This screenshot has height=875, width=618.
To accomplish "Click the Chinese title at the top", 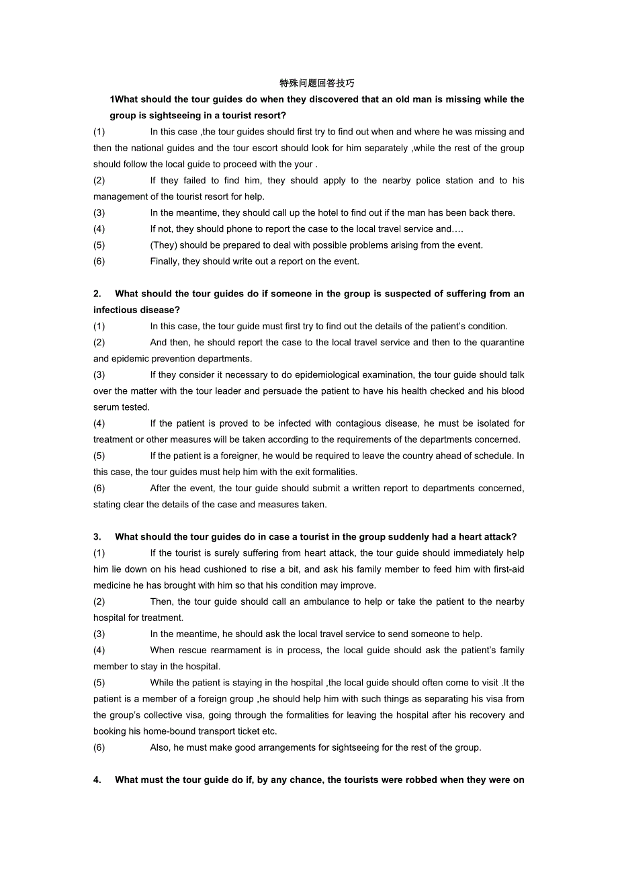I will click(316, 83).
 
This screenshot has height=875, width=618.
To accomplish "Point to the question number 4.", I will click(97, 780).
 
